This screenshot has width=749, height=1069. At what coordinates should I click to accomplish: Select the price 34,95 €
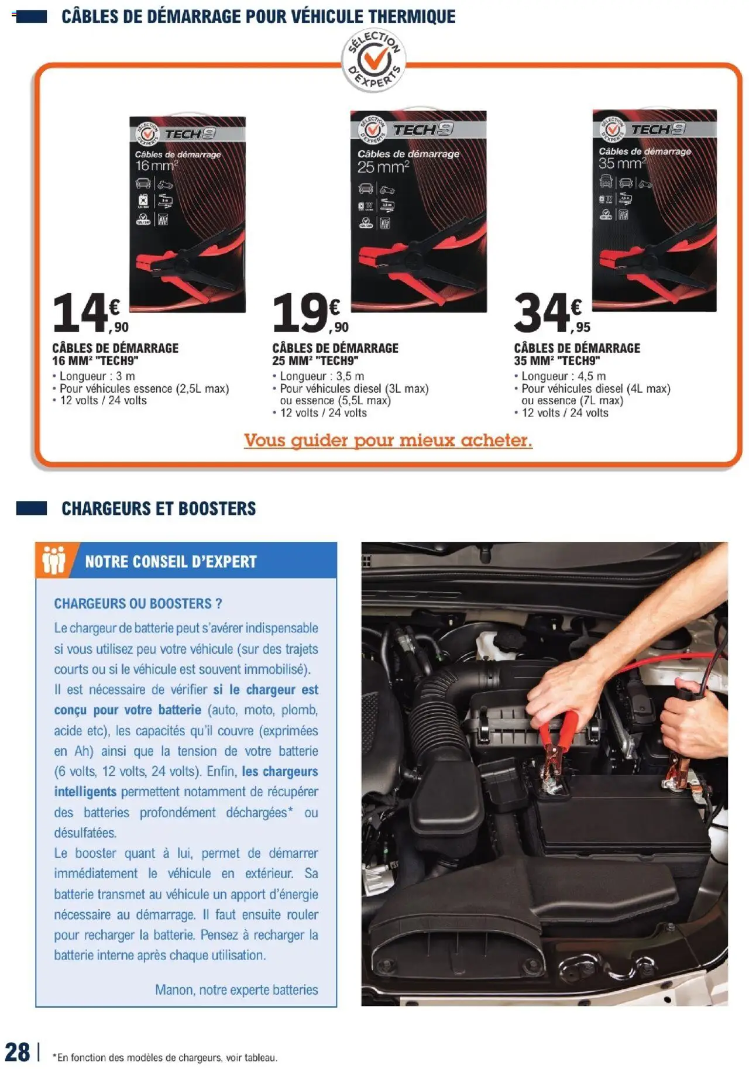(x=551, y=314)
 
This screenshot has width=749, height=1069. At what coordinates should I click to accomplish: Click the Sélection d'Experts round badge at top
(x=373, y=60)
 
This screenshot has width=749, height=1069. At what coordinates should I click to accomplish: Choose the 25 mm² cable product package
(x=418, y=211)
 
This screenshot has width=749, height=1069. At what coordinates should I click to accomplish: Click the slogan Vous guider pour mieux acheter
(x=388, y=440)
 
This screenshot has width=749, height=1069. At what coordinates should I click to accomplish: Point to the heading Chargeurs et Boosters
(x=159, y=508)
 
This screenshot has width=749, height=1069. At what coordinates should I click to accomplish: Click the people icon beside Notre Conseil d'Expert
(x=53, y=561)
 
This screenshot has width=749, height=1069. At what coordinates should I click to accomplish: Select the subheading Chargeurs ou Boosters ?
(x=138, y=603)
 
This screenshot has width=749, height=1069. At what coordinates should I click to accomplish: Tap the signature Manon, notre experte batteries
(x=236, y=989)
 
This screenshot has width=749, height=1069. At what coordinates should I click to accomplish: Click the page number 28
(x=18, y=1051)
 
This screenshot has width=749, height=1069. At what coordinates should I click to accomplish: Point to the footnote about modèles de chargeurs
(x=165, y=1057)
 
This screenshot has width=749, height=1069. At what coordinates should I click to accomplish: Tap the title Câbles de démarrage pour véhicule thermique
(x=258, y=16)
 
